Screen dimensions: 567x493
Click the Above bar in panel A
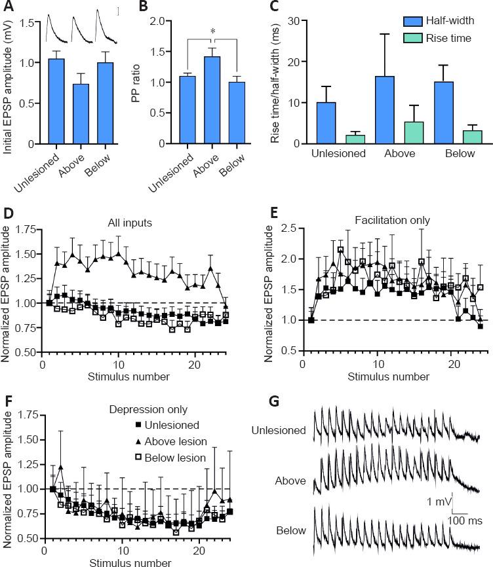[80, 114]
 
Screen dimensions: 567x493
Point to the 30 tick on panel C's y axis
[294, 21]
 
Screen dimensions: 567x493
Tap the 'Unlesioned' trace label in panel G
[279, 430]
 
